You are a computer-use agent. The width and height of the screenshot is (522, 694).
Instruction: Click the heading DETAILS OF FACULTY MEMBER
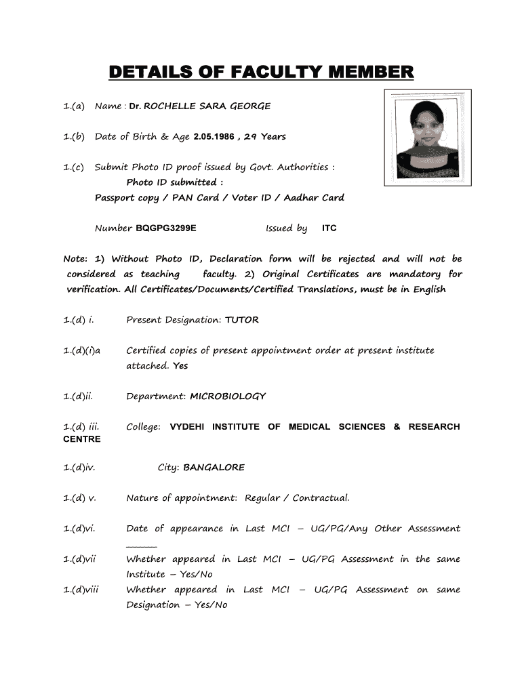pos(261,72)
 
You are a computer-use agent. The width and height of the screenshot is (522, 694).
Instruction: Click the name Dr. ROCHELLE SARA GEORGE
pos(200,106)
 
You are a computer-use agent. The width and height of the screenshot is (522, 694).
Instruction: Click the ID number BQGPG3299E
pos(166,228)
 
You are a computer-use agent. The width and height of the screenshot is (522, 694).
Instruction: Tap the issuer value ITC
pos(329,228)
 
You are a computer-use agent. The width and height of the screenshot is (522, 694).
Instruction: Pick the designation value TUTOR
pos(241,320)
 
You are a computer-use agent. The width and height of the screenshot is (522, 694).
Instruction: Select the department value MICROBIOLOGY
pos(228,396)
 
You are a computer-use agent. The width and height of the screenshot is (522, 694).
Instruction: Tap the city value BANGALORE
pos(214,468)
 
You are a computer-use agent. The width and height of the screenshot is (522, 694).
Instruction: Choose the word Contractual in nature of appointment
pos(321,498)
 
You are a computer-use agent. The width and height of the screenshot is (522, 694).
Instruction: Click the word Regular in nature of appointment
pos(262,498)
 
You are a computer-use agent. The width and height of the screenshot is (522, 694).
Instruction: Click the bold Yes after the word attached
pos(180,366)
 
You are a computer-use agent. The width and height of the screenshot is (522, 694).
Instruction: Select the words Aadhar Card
pos(314,198)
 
